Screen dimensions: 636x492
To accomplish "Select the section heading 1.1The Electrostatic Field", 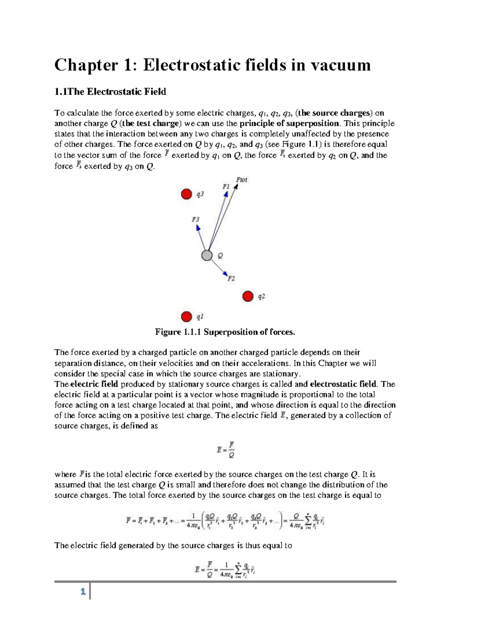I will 110,92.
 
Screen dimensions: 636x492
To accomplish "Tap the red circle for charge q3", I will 187,194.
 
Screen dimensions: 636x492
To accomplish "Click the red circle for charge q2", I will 248,296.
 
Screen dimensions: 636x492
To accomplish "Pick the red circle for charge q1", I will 187,317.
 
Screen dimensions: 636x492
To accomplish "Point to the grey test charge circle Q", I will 207,256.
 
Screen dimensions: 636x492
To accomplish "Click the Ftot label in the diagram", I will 242,180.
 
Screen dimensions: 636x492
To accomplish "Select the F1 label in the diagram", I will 226,186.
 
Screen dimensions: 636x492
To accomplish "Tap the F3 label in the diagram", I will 196,220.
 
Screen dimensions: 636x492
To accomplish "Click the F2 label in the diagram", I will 231,278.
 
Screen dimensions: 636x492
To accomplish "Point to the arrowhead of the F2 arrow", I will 225,273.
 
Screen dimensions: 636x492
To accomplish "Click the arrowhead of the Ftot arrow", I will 236,187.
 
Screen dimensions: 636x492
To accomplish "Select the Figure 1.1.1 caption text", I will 225,332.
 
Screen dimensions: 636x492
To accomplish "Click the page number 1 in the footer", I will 83,592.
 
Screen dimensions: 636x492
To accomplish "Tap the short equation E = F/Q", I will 225,449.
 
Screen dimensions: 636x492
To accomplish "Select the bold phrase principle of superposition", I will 289,124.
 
